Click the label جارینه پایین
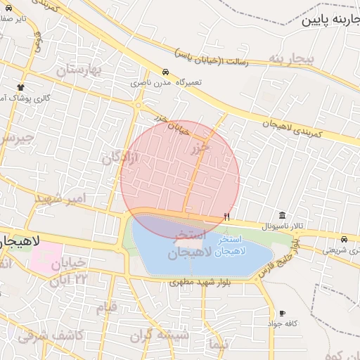330,20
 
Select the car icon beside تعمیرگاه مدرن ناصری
165,72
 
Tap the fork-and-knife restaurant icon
226,217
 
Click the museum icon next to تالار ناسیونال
282,215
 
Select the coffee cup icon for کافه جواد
282,313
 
